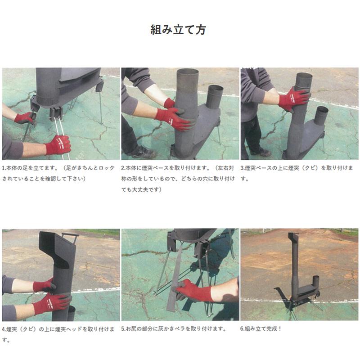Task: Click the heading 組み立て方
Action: pyautogui.click(x=178, y=30)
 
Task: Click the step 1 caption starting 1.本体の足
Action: pyautogui.click(x=58, y=173)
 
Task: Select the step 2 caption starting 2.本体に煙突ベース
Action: pyautogui.click(x=178, y=179)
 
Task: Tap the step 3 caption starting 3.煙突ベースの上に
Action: pyautogui.click(x=297, y=173)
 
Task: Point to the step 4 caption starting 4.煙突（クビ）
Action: pyautogui.click(x=58, y=334)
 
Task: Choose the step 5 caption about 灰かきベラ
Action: pyautogui.click(x=174, y=329)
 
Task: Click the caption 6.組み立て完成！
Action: pyautogui.click(x=261, y=329)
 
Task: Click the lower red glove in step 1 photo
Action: pyautogui.click(x=58, y=145)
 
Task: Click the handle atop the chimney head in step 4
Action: pyautogui.click(x=71, y=237)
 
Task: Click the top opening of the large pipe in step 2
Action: pyautogui.click(x=188, y=72)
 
